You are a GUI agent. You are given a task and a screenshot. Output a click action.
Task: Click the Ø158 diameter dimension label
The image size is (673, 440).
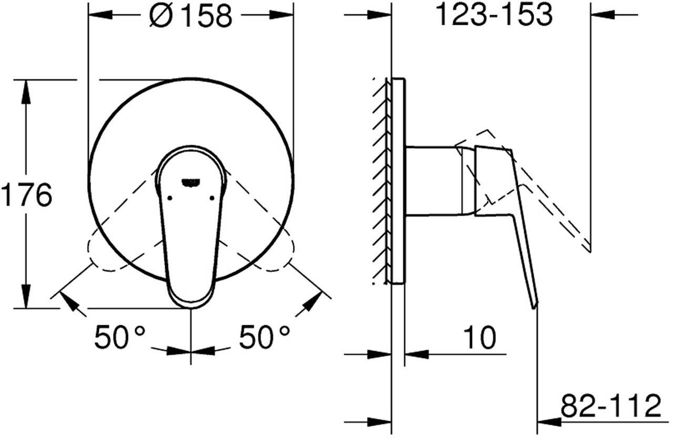pyautogui.click(x=191, y=16)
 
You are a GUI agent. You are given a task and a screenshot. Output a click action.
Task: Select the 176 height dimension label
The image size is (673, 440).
pyautogui.click(x=26, y=194)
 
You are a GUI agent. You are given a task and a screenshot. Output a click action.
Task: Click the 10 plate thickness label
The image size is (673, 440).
pyautogui.click(x=479, y=337)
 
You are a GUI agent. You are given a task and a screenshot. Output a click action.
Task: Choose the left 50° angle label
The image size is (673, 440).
pyautogui.click(x=120, y=337)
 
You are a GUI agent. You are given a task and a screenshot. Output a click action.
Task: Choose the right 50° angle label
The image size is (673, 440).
pyautogui.click(x=264, y=337)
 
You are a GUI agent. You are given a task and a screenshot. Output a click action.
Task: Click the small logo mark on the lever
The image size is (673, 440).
pyautogui.click(x=191, y=183)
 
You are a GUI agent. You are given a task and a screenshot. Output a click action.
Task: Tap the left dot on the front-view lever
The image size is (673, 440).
pyautogui.click(x=170, y=198)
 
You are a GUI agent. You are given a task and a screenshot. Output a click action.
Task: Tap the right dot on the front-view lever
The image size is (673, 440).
pyautogui.click(x=212, y=198)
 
